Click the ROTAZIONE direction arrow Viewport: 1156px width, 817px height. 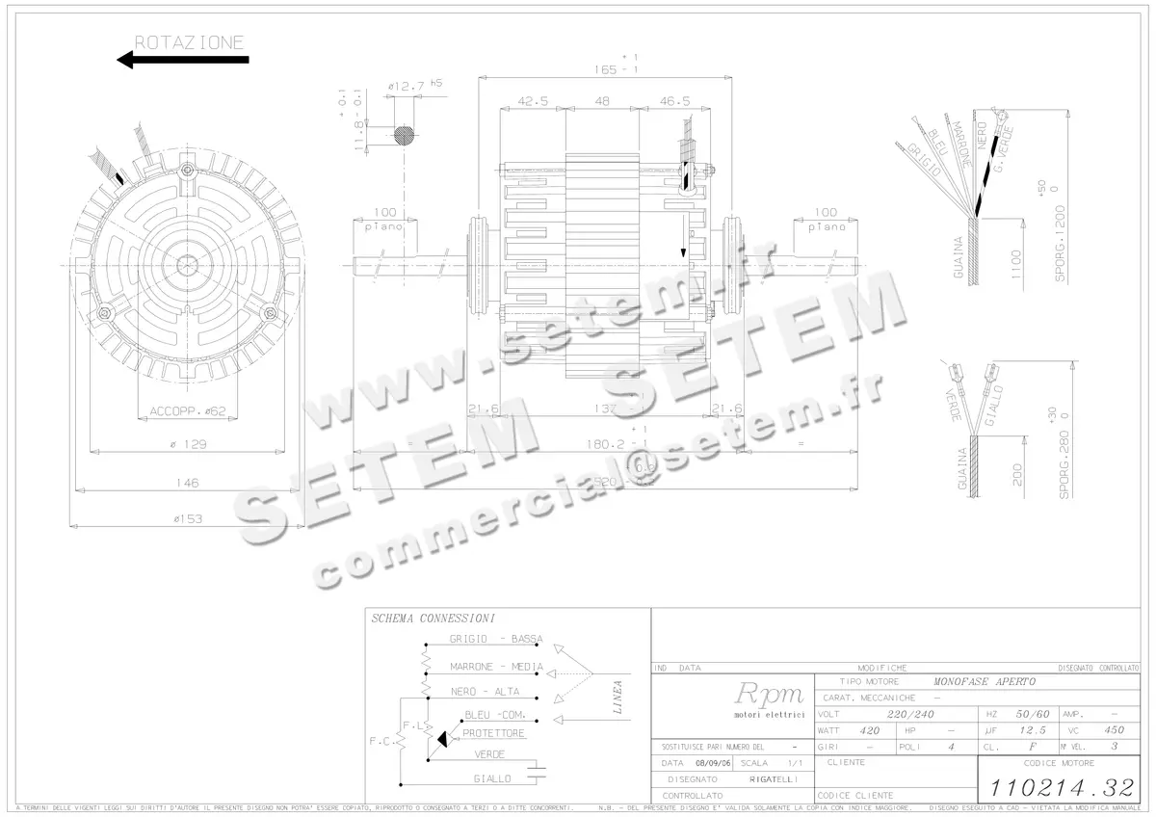point(182,60)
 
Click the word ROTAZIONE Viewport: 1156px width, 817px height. point(189,42)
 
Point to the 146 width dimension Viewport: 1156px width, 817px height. point(188,483)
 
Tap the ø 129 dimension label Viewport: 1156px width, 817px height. point(190,444)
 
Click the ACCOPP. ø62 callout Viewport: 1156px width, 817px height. point(187,411)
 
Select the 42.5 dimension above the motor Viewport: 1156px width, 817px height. point(533,101)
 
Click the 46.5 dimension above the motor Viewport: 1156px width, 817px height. point(674,101)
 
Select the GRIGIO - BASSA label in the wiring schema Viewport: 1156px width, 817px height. point(496,639)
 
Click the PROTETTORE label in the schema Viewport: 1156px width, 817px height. point(493,733)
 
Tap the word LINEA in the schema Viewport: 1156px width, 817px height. point(617,698)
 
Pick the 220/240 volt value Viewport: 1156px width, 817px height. point(910,714)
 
